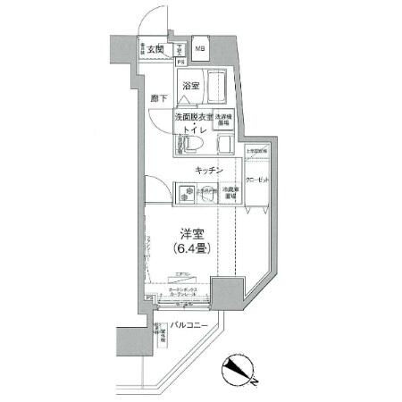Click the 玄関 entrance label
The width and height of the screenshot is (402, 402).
[x=156, y=49]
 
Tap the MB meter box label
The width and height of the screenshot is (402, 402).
[x=200, y=49]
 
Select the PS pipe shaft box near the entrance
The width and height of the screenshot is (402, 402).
[x=180, y=63]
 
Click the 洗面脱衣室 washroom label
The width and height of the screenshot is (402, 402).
[x=192, y=118]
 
